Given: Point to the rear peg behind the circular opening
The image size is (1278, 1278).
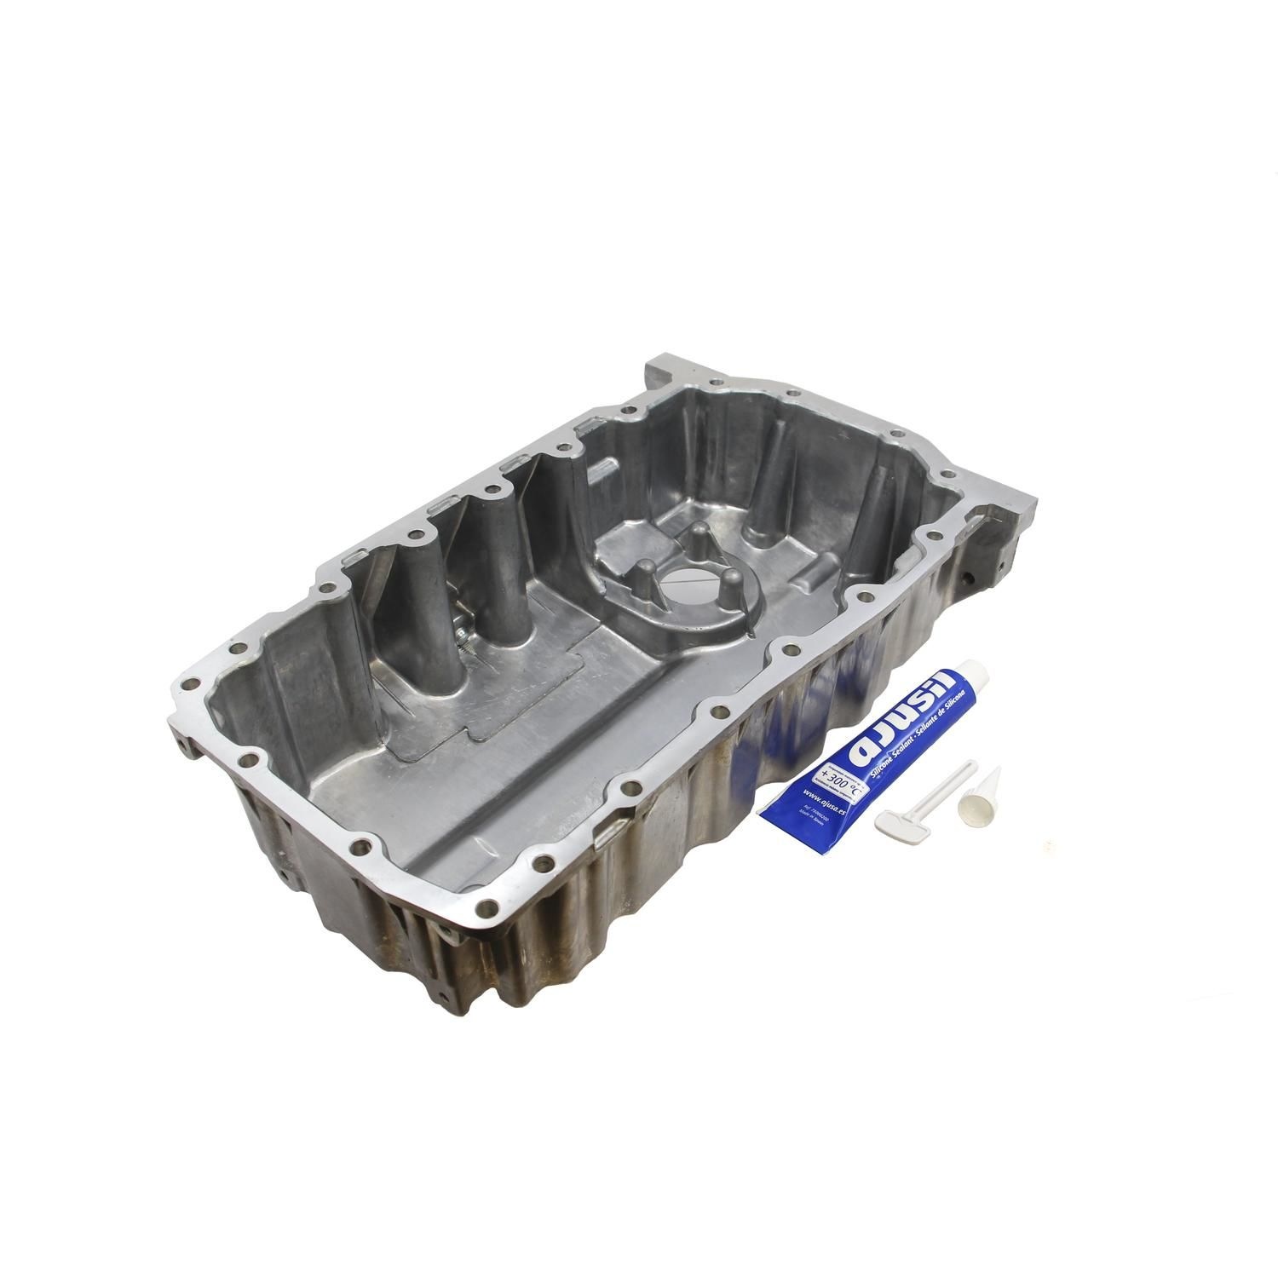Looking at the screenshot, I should [x=699, y=538].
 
